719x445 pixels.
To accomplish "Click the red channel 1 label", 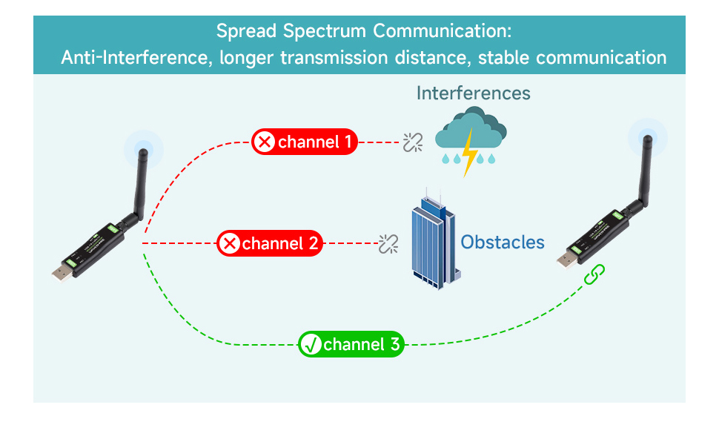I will coord(305,141).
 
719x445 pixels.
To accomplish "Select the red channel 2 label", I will coord(270,243).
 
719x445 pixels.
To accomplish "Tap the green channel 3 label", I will coord(351,344).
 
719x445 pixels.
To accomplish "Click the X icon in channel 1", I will coord(264,141).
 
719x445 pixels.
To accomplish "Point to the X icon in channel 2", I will coord(230,243).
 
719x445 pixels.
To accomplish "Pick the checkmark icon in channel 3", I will coord(311,344).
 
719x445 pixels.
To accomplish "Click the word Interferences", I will coord(473,93).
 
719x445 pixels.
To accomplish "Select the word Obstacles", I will coord(503,242).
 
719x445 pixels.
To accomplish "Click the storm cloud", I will coord(470,129).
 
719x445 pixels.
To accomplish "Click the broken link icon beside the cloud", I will coord(412,142).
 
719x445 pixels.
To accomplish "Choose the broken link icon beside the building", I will coord(388,243).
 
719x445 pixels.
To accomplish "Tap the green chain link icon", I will coord(594,274).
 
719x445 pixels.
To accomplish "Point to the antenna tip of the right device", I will coord(647,139).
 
